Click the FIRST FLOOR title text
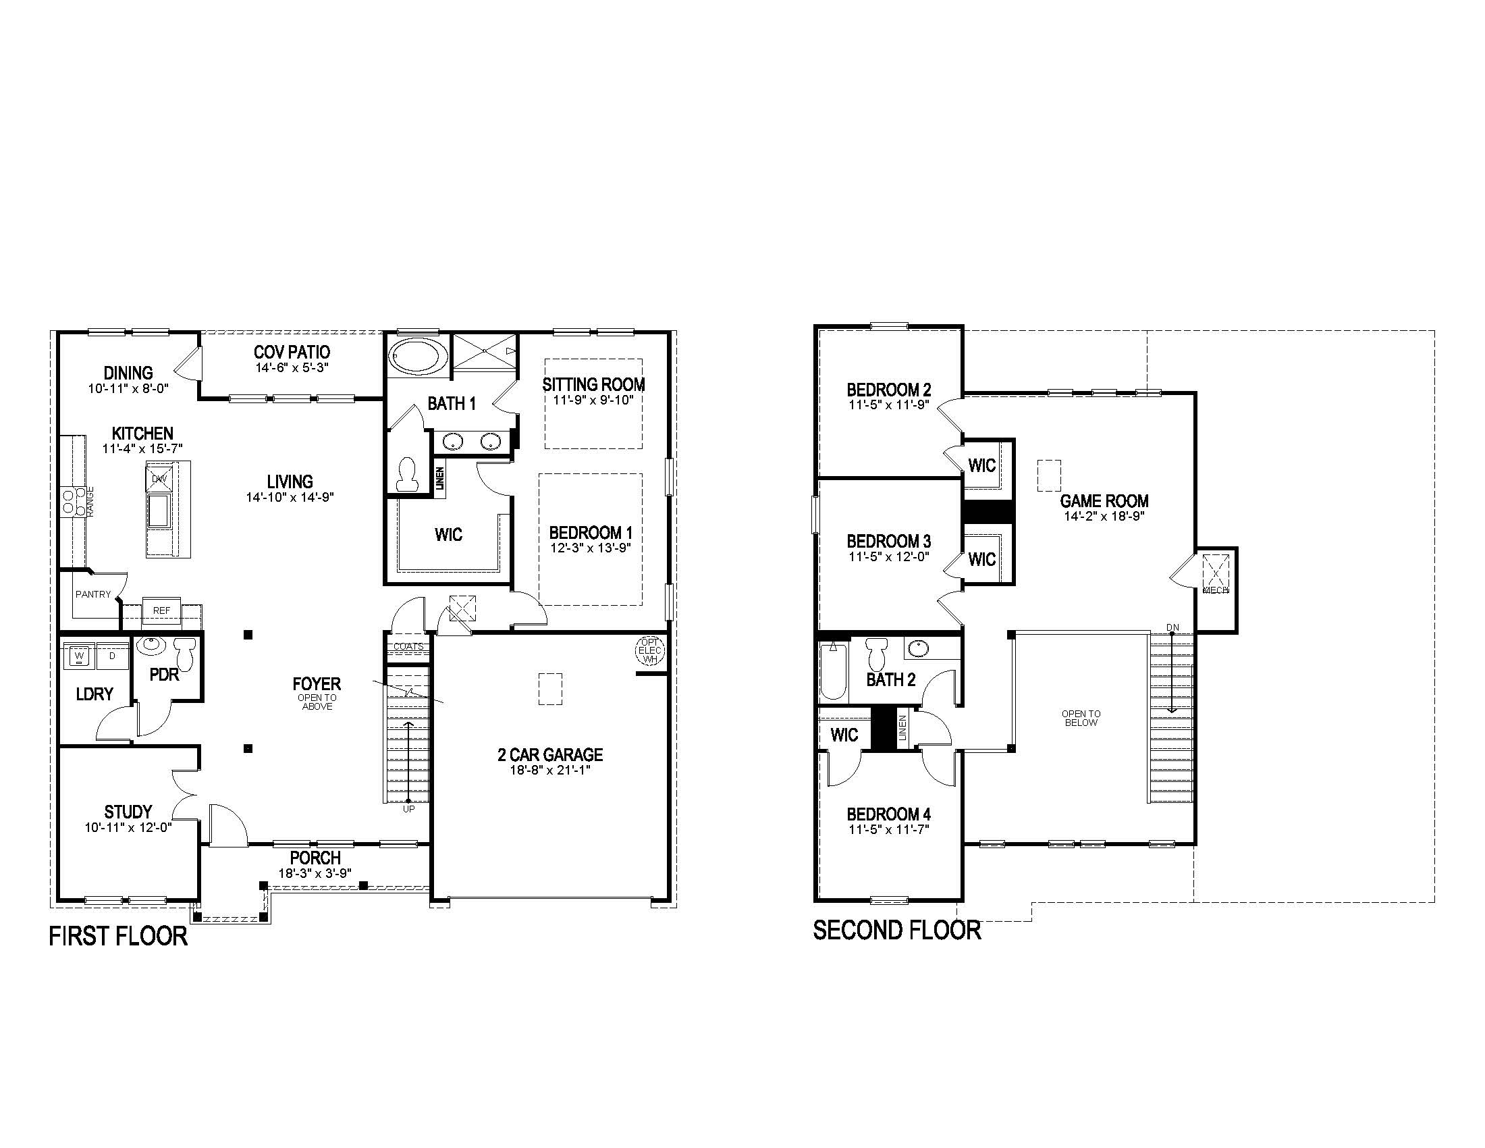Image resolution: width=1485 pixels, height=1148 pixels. coord(118,937)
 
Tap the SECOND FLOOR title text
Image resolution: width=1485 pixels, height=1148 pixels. coord(896,931)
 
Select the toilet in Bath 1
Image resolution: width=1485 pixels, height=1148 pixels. coord(406,473)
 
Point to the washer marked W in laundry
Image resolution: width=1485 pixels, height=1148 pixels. coord(79,656)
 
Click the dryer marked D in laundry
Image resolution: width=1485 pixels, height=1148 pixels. coord(113,656)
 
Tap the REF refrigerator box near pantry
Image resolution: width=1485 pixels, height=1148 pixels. coord(161,610)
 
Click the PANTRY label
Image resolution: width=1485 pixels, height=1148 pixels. coord(93,594)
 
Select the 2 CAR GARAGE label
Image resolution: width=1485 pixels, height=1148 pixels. coord(550,754)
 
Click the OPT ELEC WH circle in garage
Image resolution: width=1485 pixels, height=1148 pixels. coord(650,651)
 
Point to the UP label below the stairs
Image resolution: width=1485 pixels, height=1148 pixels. coord(408,809)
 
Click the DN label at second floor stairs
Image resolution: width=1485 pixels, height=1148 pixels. coord(1172,627)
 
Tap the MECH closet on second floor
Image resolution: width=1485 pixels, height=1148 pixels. coord(1216,575)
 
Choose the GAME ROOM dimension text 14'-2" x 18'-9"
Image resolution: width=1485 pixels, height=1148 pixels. coord(1104,516)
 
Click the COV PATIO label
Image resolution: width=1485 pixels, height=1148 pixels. coord(292,352)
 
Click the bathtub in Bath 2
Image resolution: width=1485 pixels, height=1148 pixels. coord(833,672)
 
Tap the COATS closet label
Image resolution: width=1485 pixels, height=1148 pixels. coord(408,647)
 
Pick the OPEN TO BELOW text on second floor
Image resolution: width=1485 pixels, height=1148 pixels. coord(1081,719)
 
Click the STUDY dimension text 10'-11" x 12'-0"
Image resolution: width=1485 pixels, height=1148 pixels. coord(128,827)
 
